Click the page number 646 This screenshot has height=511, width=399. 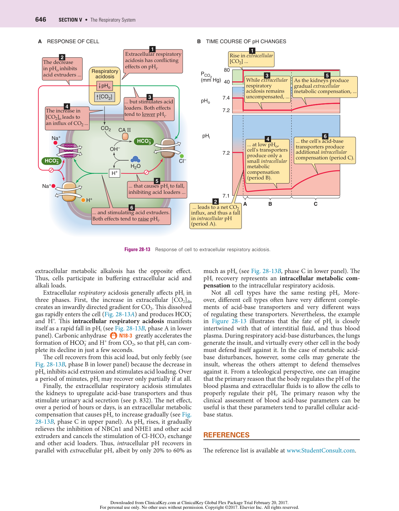pos(41,19)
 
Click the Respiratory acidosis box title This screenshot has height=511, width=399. pos(105,74)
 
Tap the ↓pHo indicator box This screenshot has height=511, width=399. pos(104,86)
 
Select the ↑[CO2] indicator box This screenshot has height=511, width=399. pos(104,97)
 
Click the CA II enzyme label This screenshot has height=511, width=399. pos(125,130)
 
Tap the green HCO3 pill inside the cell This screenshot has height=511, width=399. pos(144,141)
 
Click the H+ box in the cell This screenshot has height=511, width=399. pos(115,173)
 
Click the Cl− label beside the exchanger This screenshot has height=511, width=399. pos(182,161)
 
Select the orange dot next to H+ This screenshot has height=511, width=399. pos(83,200)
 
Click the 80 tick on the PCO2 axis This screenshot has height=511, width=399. pos(227,70)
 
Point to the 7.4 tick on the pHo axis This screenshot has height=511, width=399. pos(226,98)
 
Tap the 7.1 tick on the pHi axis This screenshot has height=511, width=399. pos(226,196)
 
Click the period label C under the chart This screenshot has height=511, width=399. pos(315,204)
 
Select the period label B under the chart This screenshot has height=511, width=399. pos(270,204)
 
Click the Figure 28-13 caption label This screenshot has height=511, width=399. pos(137,250)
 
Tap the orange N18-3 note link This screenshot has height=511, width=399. pos(125,336)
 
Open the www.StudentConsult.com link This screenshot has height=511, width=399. pos(321,451)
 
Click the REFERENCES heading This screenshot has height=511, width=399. pos(226,435)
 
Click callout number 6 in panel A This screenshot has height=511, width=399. pos(132,208)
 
